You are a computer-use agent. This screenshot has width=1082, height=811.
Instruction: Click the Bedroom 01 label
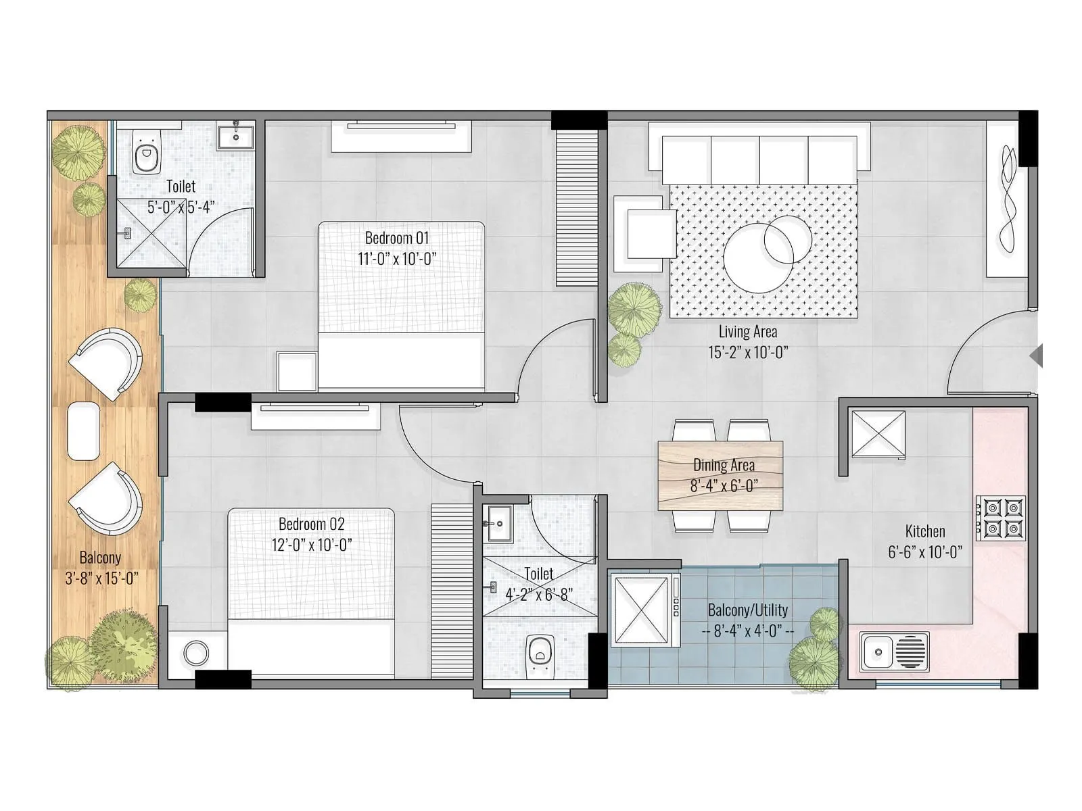coord(397,238)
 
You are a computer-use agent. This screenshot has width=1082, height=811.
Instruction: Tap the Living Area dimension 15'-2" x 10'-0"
coord(748,352)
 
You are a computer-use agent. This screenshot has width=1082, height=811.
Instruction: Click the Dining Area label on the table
coord(723,465)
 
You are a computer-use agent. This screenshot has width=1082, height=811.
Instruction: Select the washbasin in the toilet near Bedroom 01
coord(235,137)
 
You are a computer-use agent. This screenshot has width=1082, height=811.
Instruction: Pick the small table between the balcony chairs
coord(84,431)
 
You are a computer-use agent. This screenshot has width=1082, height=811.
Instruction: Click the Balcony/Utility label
coord(747,610)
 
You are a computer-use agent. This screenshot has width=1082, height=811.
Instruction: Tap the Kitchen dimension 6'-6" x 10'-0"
coord(924,552)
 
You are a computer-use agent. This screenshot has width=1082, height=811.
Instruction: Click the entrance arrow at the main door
coord(1036,356)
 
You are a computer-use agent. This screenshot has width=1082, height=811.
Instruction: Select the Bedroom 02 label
coord(311,524)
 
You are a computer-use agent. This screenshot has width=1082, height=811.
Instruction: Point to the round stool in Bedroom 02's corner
coord(197,654)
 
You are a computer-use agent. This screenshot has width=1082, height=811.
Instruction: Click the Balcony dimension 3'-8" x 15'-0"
coord(101,579)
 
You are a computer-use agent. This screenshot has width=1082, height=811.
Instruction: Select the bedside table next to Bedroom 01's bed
coord(297,371)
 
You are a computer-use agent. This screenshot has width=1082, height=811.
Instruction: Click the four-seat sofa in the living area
coord(759,158)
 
